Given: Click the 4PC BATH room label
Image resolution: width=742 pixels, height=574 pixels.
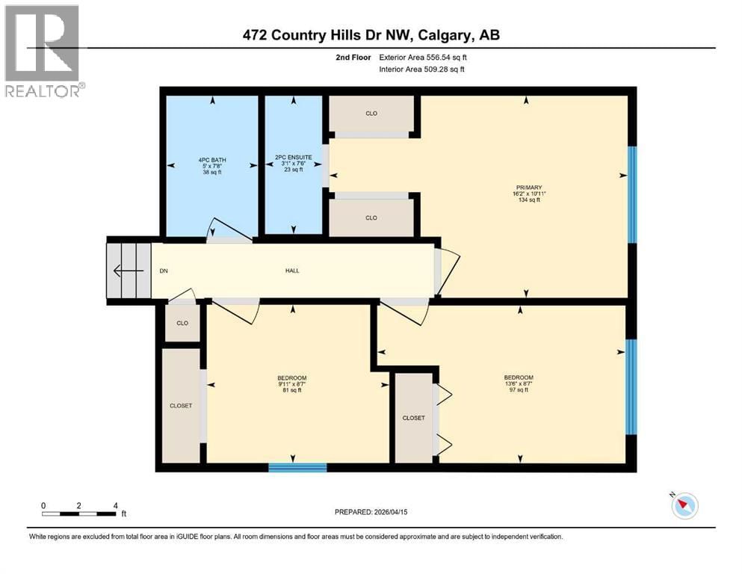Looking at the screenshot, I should click(211, 164).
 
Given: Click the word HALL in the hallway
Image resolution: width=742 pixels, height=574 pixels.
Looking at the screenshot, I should click(292, 271).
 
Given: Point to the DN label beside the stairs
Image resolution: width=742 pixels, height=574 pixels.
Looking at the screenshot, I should click(163, 271).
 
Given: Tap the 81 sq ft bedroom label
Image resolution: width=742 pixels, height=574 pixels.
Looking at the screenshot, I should click(292, 383).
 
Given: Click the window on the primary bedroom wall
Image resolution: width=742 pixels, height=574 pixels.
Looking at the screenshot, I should click(631, 194).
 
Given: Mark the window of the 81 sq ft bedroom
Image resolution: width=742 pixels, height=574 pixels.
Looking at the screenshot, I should click(297, 468).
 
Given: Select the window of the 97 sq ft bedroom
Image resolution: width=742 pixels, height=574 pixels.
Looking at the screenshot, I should click(631, 387).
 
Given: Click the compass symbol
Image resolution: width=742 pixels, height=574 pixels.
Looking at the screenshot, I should click(684, 506).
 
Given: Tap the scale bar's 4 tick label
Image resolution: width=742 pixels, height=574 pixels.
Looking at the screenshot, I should click(115, 506).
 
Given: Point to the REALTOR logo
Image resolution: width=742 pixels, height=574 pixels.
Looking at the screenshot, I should click(43, 52).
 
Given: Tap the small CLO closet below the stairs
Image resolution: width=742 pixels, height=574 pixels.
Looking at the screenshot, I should click(182, 324).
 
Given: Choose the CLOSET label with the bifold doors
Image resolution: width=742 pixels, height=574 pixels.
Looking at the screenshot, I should click(413, 418).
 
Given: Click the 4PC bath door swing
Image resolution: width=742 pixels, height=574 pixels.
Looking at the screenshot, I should click(229, 231).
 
